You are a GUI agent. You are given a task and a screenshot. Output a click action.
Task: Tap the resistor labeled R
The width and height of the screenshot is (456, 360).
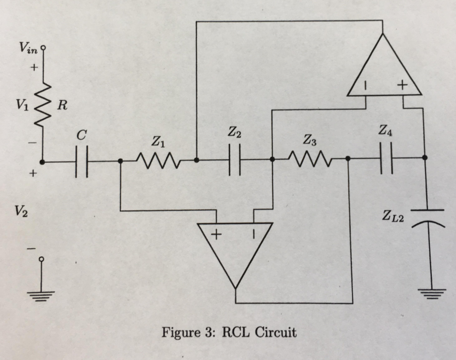[44, 106]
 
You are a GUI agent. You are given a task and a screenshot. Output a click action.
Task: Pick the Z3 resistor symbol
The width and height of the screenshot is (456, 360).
[309, 158]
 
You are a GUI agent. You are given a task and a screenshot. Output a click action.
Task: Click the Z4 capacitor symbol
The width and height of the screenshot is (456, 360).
[387, 158]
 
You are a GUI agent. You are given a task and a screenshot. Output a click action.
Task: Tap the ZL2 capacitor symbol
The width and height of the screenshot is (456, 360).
[427, 218]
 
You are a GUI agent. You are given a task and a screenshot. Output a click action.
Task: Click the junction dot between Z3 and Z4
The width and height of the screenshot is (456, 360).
[348, 158]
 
